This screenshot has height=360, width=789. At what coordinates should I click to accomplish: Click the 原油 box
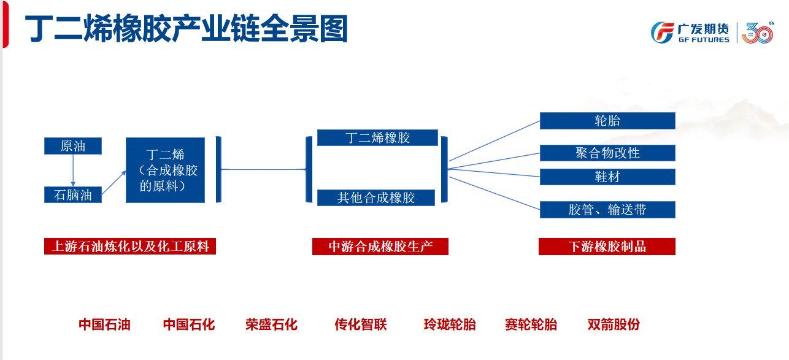(73, 146)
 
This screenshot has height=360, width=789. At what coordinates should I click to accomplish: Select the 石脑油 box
(73, 194)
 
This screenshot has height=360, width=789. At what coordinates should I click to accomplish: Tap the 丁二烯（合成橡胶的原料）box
(165, 170)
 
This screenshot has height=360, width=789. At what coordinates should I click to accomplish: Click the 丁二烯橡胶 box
(377, 137)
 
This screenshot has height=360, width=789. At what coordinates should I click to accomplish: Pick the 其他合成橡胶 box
(376, 197)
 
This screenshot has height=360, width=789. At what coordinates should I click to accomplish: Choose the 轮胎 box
(607, 121)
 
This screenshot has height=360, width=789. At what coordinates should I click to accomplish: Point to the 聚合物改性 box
(607, 153)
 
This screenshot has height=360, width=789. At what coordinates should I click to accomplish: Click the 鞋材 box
(607, 177)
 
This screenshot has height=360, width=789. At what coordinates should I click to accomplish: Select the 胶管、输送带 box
(607, 210)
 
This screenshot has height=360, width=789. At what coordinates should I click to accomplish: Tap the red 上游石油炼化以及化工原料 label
(130, 246)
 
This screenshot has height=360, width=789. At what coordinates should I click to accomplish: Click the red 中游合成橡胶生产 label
(380, 246)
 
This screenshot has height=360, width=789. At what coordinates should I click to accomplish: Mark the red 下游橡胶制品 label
(607, 246)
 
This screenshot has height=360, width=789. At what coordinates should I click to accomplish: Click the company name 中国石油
(105, 324)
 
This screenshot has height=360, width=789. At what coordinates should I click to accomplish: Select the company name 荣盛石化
(272, 324)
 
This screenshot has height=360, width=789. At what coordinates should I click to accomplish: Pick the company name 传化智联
(361, 324)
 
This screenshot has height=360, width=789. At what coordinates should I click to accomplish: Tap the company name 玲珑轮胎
(450, 324)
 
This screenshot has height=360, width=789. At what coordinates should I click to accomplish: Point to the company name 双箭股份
(614, 324)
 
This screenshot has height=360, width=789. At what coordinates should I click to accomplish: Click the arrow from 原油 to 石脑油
(73, 170)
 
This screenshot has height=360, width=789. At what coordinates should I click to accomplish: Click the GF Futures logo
(690, 33)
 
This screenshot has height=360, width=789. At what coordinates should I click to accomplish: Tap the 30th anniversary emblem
(758, 33)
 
